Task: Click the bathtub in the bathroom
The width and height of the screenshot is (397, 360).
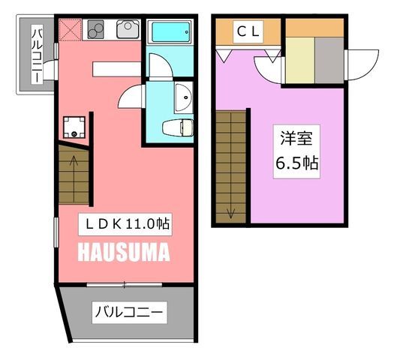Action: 171,32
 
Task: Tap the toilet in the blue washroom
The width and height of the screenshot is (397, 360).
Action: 178,128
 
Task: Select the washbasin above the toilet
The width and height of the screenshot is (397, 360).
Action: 184,97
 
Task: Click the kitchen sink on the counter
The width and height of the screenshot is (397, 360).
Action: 128,29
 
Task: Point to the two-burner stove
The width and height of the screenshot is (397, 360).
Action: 95,29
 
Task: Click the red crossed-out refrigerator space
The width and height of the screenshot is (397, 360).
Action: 70,29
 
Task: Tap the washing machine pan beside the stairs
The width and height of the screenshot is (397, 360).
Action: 74,127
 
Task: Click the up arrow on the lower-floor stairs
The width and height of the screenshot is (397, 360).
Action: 74,164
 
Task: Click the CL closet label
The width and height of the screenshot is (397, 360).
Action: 248,32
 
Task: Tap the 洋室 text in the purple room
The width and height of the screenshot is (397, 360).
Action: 296,139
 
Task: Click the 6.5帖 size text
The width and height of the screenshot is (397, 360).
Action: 296,163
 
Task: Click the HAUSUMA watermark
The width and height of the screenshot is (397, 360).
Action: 124,252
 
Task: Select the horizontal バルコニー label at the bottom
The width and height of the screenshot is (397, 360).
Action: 129,312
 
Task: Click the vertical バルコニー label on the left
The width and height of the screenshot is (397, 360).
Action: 37,55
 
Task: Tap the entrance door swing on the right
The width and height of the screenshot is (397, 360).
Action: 362,65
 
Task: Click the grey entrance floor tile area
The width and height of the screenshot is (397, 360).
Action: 329,60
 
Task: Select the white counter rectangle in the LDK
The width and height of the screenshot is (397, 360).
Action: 117,69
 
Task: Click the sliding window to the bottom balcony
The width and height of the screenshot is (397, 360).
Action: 125,284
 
